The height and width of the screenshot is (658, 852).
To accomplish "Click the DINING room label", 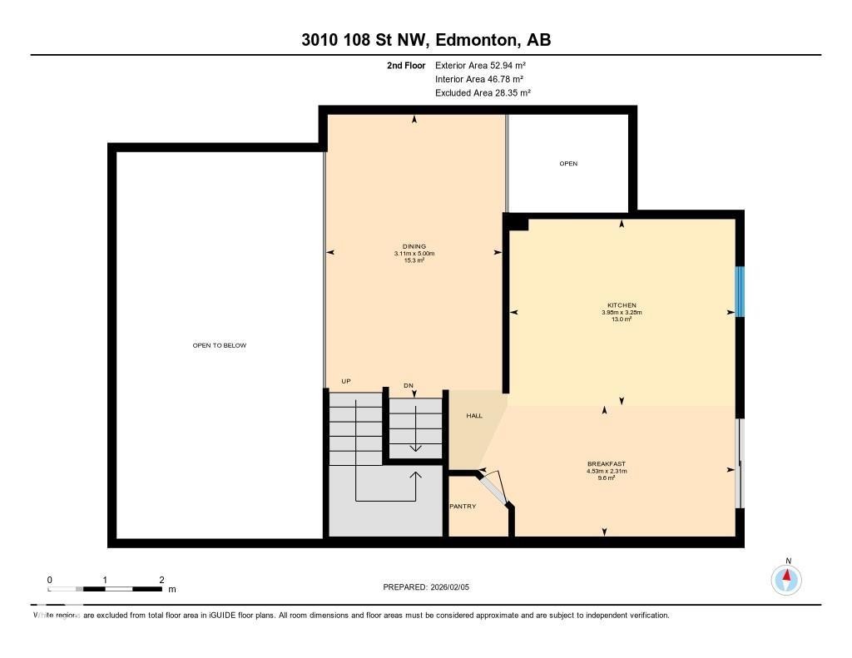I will click(x=414, y=246).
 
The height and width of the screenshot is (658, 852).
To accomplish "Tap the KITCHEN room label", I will click(x=622, y=305).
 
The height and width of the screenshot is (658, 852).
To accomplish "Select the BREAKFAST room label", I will click(x=606, y=464).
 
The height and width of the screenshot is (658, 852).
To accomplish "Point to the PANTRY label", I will click(x=463, y=506).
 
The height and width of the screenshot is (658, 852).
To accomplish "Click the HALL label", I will click(x=473, y=416).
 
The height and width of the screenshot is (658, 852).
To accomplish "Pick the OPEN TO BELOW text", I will click(x=220, y=345).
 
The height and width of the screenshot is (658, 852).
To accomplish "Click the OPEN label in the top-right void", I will click(x=568, y=164).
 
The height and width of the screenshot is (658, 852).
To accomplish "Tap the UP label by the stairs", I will click(x=346, y=382).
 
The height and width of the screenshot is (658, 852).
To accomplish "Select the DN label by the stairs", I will click(x=409, y=385).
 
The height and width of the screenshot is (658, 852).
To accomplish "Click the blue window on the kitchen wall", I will click(x=740, y=291).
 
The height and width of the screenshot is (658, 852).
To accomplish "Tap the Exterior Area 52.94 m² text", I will click(x=480, y=65).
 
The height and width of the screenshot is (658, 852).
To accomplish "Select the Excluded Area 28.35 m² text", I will click(x=483, y=93).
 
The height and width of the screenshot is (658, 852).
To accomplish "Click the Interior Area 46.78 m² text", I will click(x=478, y=79).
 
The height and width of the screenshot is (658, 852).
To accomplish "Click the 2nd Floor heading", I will click(x=406, y=65).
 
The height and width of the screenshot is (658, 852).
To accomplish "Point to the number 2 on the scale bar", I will click(x=161, y=580).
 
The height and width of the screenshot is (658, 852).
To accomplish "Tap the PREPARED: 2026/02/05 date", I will click(x=427, y=587).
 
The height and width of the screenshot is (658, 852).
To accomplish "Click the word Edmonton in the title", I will click(x=473, y=40).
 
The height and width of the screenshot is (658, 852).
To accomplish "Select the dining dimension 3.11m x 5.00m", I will click(x=414, y=254).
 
